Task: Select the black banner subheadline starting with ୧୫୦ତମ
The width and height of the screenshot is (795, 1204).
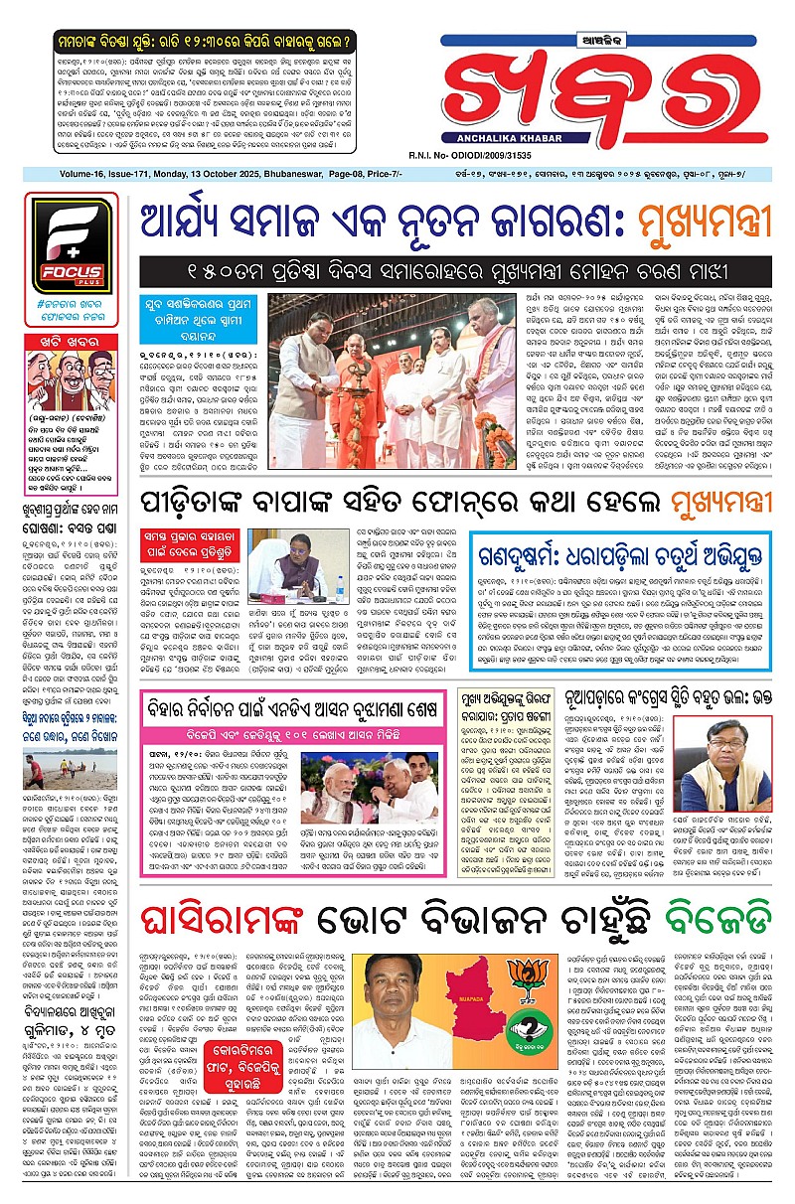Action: click(456, 271)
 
